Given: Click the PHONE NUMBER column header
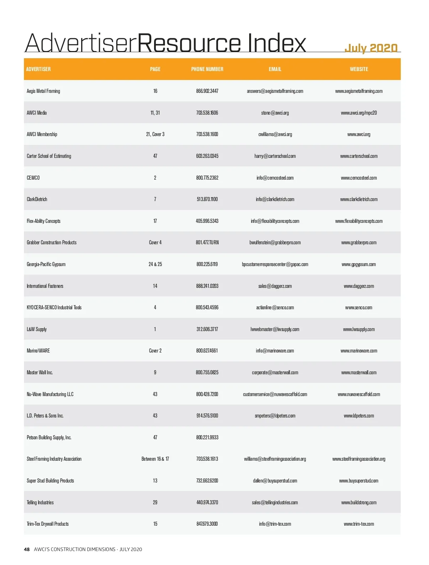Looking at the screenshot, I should tap(207, 69).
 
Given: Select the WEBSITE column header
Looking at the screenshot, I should tap(359, 69).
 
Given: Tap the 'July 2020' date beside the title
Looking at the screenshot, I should tap(371, 48).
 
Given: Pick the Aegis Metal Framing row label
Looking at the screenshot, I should tap(43, 91).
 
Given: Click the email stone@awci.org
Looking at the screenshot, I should tap(275, 113).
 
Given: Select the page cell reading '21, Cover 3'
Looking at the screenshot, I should tap(155, 134).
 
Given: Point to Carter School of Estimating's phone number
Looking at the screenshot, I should tap(207, 156).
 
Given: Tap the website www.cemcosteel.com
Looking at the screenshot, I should tap(359, 178).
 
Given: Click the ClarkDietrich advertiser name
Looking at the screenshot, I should tap(37, 199).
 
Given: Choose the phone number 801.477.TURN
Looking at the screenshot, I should tap(207, 242).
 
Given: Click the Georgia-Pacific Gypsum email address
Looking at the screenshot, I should tap(275, 264).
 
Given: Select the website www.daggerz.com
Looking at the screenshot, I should tap(359, 286).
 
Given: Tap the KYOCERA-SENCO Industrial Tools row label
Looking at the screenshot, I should tap(54, 307).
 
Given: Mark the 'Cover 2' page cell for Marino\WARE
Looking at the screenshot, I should tap(155, 351).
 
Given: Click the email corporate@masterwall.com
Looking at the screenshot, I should tap(275, 372).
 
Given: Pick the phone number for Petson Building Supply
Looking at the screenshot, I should tap(207, 437).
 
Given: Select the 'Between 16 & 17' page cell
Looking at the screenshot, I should tap(155, 459).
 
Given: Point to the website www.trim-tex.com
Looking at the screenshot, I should tap(359, 524).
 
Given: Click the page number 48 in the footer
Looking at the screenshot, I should tap(27, 549).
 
